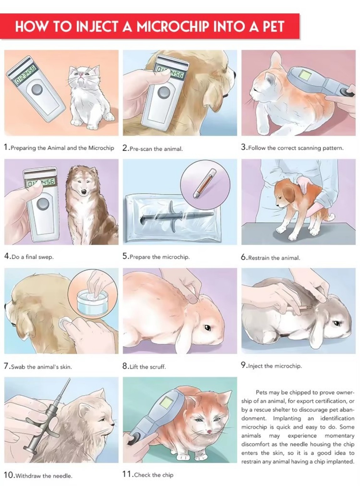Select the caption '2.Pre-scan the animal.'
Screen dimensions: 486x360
(x=152, y=149)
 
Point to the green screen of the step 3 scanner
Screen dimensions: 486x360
(x=304, y=75)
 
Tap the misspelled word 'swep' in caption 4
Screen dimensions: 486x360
(x=46, y=257)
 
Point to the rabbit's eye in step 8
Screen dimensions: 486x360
(x=207, y=328)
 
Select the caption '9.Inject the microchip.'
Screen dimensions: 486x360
(x=271, y=366)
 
